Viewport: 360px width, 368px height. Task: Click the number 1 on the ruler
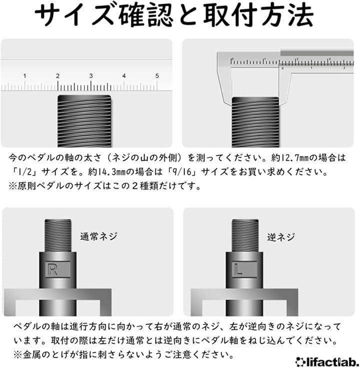click(x=24, y=76)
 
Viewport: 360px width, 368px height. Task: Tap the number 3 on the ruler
click(x=91, y=76)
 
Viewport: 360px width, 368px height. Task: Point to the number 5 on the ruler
click(x=157, y=76)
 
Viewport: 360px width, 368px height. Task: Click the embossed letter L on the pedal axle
click(x=238, y=270)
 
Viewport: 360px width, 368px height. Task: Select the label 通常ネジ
click(x=98, y=236)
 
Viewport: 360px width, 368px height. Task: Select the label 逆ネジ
click(x=281, y=237)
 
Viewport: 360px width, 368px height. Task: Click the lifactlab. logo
click(x=327, y=362)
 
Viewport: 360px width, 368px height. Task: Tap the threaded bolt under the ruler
click(x=84, y=121)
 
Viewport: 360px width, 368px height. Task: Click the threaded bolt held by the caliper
click(x=255, y=122)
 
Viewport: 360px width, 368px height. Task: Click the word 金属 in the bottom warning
click(x=32, y=355)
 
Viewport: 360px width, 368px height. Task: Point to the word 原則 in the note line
click(x=26, y=186)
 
